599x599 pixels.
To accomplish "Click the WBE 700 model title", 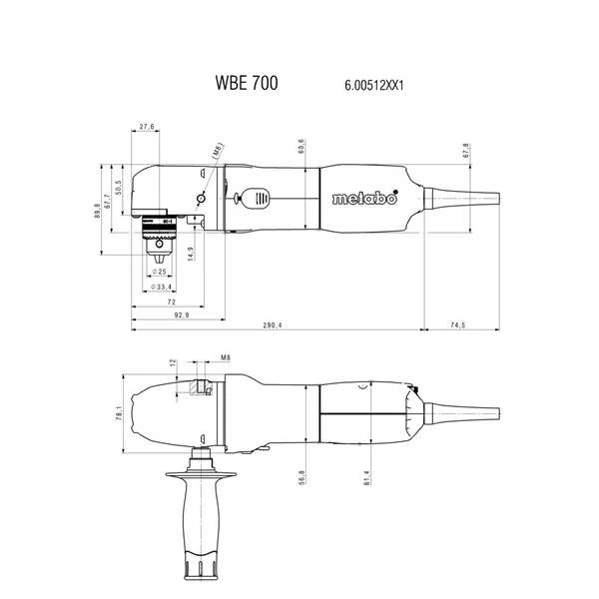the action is pos(247,83).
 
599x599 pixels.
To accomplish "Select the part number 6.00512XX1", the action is pos(374,85).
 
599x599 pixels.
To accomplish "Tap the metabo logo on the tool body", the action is pos(364,198).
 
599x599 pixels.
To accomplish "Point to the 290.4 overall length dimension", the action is pos(273,325).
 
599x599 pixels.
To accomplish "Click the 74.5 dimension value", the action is pos(457,325).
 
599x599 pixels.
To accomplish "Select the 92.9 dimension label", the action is pos(182,315).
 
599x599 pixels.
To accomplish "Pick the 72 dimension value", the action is pos(172,302).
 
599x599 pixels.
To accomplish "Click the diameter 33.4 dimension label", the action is pos(161,287).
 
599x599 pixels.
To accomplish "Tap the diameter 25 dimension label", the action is pos(159,272).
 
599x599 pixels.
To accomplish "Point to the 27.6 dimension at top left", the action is pos(147,127).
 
